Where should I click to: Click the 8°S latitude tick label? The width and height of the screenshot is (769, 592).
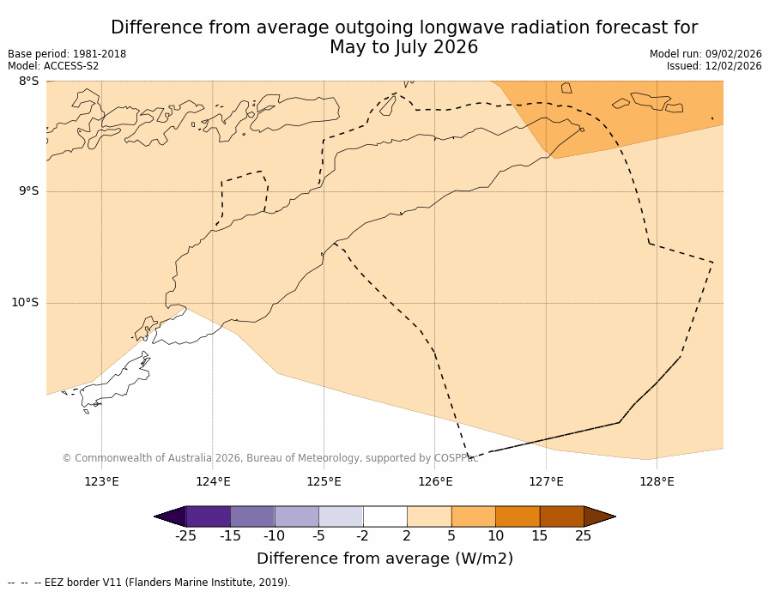(x=28, y=82)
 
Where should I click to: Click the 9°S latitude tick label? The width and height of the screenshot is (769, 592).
(x=28, y=191)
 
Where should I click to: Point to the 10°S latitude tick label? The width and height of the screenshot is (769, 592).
(x=25, y=302)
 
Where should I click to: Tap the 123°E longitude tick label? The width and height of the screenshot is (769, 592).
(x=101, y=481)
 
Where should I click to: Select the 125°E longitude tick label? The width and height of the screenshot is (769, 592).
(x=324, y=481)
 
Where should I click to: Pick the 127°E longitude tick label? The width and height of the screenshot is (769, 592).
(x=546, y=481)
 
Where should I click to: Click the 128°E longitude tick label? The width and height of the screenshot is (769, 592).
(x=657, y=481)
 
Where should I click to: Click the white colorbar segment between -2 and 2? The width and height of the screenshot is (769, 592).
(x=384, y=516)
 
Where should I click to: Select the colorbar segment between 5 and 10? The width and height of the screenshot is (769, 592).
(x=473, y=516)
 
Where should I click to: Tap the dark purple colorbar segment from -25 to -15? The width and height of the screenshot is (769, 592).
(x=208, y=516)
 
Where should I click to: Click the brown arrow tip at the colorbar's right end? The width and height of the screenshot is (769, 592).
(x=599, y=516)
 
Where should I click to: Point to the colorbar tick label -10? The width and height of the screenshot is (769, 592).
(x=275, y=536)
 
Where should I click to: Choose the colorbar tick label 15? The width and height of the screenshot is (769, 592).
(x=539, y=536)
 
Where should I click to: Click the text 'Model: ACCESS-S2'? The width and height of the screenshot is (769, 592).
(x=53, y=66)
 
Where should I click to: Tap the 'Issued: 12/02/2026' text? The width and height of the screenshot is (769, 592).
(x=714, y=66)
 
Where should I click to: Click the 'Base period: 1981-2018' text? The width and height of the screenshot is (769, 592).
(x=67, y=54)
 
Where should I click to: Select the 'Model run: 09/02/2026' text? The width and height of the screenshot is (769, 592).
(x=705, y=54)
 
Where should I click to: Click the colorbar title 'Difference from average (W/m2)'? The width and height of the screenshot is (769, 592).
(x=384, y=559)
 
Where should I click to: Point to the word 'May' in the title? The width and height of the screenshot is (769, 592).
(x=348, y=48)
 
